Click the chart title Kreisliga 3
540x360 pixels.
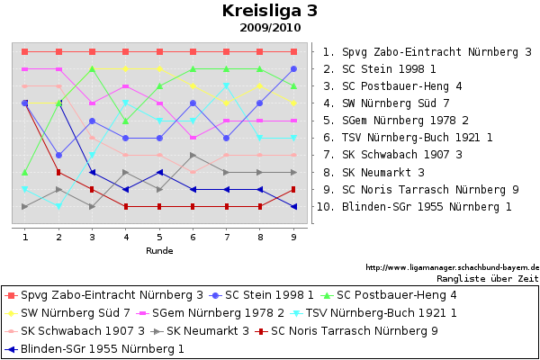[269, 11]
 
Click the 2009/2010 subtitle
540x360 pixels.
[270, 28]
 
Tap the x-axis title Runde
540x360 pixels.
[159, 250]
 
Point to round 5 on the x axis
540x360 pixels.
[159, 237]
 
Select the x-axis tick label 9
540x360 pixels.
[293, 237]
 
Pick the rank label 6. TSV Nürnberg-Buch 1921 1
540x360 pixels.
[408, 138]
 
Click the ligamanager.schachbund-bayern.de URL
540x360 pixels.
[452, 267]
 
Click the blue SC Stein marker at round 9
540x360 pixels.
[293, 69]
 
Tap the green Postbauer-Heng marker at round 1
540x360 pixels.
[25, 172]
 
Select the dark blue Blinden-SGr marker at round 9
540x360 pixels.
[293, 207]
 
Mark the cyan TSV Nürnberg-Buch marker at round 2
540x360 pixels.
[58, 206]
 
